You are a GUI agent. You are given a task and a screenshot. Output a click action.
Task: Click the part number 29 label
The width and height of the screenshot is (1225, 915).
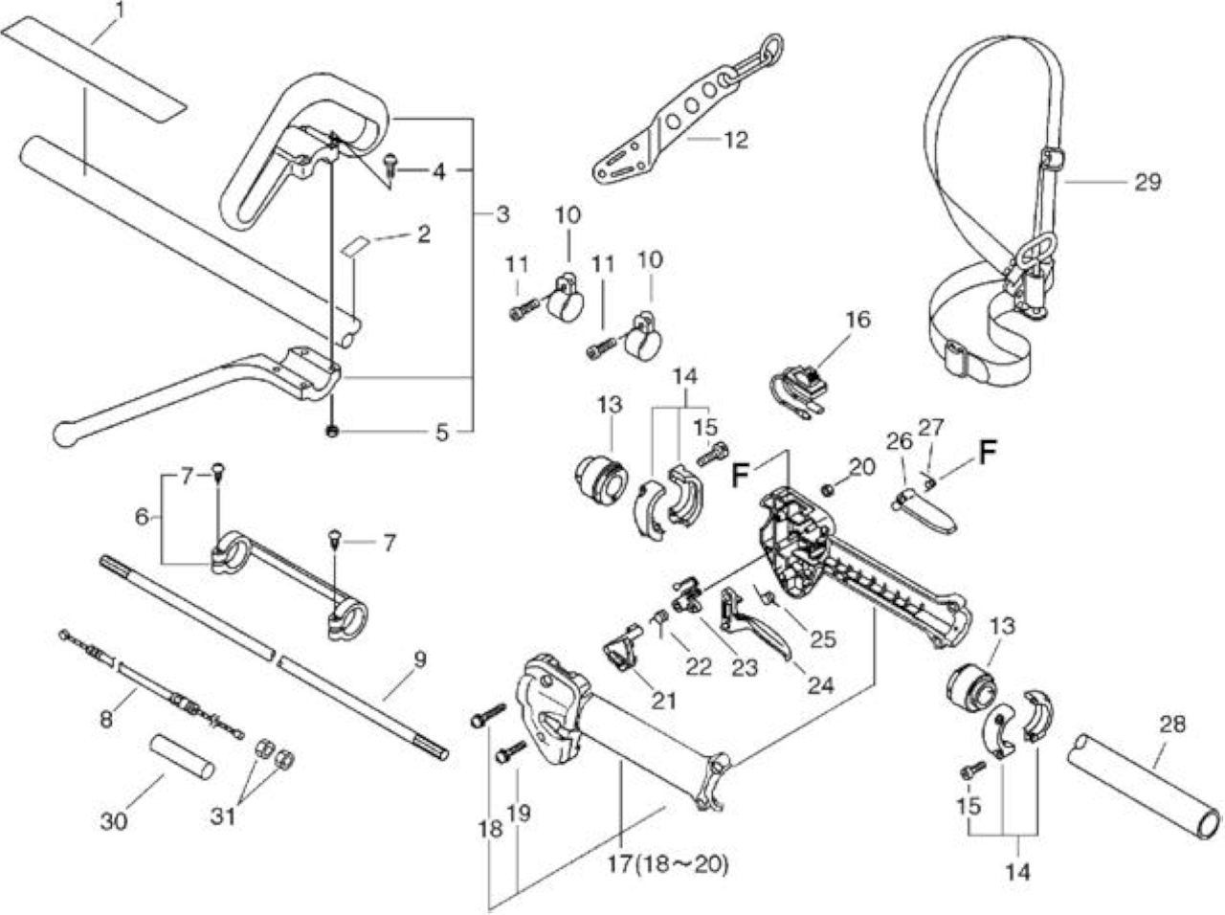pyautogui.click(x=1147, y=182)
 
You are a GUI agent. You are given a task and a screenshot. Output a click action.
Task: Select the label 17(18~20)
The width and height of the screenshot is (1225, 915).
pyautogui.click(x=667, y=864)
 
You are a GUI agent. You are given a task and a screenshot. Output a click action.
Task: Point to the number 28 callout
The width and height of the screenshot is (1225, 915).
pyautogui.click(x=1172, y=725)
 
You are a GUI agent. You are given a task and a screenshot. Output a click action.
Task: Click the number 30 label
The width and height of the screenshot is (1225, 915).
pyautogui.click(x=114, y=821)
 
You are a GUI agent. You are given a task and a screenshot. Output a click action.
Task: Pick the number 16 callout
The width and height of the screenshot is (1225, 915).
pyautogui.click(x=857, y=320)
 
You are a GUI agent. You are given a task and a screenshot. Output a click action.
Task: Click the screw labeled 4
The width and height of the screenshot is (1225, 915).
pyautogui.click(x=390, y=167)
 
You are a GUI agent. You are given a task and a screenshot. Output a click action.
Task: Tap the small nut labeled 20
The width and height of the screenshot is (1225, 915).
pyautogui.click(x=828, y=490)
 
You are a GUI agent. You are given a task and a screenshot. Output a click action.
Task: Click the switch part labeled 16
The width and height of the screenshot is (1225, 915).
pyautogui.click(x=799, y=389)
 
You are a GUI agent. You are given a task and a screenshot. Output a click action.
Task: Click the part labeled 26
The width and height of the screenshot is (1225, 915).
pyautogui.click(x=924, y=510)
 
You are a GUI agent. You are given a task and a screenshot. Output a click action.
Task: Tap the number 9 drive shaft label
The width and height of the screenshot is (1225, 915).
pyautogui.click(x=419, y=659)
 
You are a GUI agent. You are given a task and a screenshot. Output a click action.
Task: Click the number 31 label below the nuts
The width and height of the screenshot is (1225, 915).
pyautogui.click(x=224, y=816)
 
